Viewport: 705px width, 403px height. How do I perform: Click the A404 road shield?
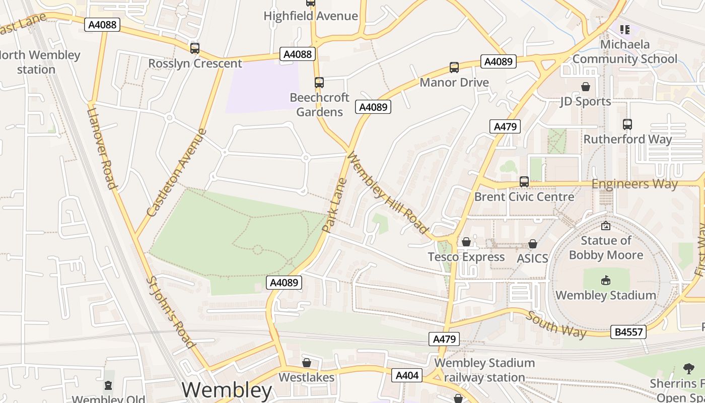click(407, 375)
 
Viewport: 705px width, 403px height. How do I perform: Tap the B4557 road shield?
click(628, 332)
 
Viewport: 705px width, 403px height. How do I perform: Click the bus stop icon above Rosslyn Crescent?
click(195, 48)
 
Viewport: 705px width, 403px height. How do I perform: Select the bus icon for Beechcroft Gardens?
click(319, 83)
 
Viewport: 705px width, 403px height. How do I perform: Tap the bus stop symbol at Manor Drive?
click(454, 68)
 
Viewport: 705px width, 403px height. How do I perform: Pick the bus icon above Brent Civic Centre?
click(524, 182)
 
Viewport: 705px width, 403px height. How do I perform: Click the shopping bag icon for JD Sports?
click(585, 87)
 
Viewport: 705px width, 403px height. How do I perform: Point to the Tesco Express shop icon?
click(466, 242)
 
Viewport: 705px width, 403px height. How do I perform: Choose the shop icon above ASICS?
click(532, 244)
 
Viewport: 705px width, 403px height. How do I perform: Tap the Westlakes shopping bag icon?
click(306, 363)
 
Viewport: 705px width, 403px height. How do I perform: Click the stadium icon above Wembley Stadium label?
click(606, 281)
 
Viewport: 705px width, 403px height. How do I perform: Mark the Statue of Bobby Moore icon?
click(606, 226)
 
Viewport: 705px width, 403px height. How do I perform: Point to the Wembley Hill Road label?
click(387, 194)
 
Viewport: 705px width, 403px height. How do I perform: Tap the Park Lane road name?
click(335, 205)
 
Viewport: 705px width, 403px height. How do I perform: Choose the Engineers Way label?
click(634, 184)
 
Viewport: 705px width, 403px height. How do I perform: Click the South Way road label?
click(556, 324)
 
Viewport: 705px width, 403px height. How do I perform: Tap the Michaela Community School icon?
click(624, 30)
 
